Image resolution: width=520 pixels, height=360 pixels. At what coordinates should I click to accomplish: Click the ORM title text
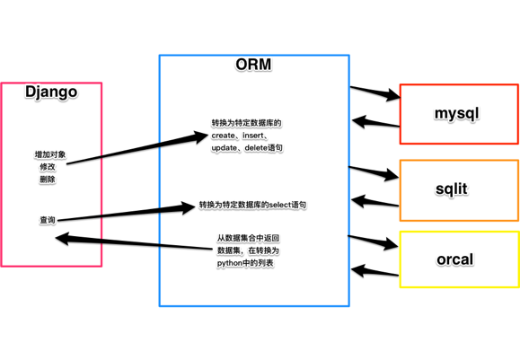(x=253, y=65)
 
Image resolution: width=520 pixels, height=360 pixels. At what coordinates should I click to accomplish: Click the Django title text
(x=50, y=92)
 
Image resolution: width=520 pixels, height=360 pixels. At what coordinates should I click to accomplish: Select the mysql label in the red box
(x=457, y=114)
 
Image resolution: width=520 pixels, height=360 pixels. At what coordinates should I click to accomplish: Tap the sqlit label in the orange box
(x=452, y=189)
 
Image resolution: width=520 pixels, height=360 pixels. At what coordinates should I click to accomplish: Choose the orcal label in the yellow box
(x=454, y=259)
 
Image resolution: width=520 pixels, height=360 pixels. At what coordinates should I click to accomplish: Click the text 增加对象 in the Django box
(x=50, y=154)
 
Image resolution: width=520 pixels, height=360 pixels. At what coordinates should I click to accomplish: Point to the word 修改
(x=48, y=167)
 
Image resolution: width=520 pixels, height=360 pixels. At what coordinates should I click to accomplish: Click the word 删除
(x=48, y=180)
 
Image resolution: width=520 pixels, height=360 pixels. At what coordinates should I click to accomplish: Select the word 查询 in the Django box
(x=48, y=220)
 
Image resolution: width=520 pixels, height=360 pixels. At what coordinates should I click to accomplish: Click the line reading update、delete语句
(x=247, y=148)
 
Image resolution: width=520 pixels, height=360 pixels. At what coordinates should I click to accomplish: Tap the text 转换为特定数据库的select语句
(x=252, y=206)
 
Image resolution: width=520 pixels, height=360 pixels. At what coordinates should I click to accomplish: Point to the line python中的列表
(x=245, y=263)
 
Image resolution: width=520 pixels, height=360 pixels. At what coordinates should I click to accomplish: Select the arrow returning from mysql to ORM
(x=375, y=123)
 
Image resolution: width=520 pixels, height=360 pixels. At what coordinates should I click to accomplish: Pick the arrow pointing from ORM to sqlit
(x=374, y=171)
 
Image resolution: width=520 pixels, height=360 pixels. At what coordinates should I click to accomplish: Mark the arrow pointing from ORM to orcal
(x=374, y=241)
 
